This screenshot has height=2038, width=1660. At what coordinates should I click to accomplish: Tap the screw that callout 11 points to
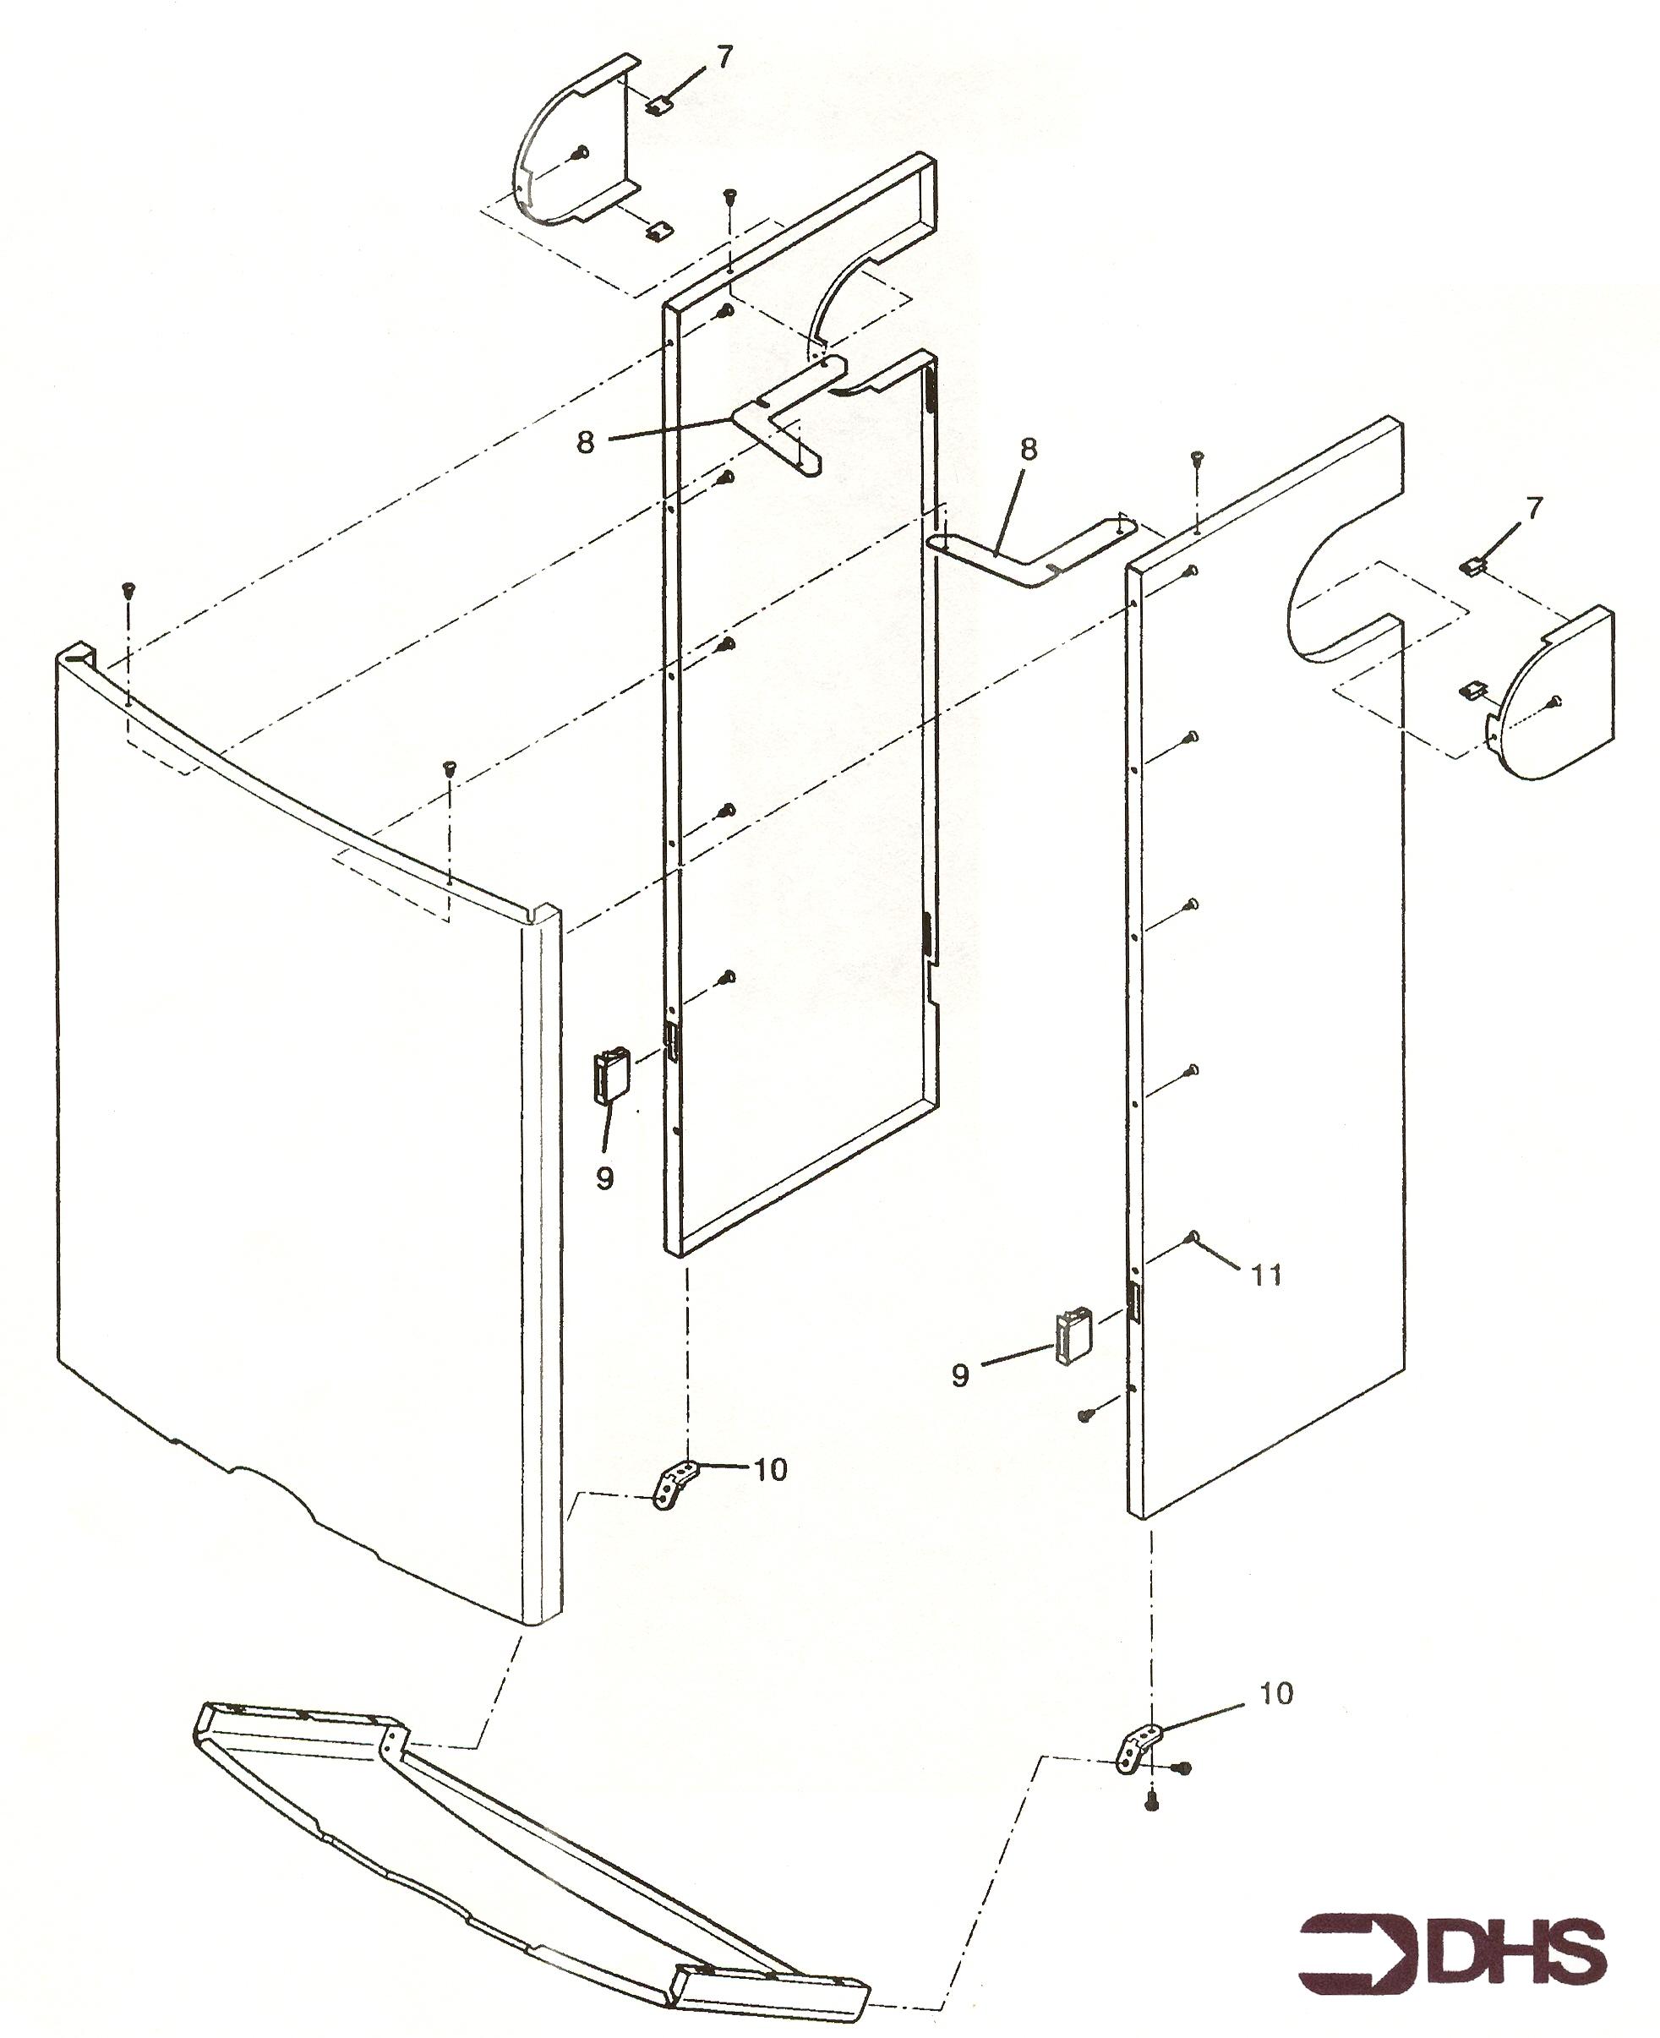point(1193,1238)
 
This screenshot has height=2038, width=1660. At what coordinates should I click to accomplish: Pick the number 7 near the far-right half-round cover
point(1533,508)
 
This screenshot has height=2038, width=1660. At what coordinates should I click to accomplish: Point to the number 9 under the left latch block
point(604,1178)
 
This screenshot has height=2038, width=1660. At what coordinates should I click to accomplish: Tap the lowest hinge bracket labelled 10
point(1138,1749)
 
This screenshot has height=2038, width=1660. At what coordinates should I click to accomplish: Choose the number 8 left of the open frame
point(585,441)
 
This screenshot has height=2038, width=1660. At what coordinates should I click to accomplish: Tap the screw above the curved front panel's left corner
point(126,589)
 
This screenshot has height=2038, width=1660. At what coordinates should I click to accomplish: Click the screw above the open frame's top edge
point(729,195)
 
